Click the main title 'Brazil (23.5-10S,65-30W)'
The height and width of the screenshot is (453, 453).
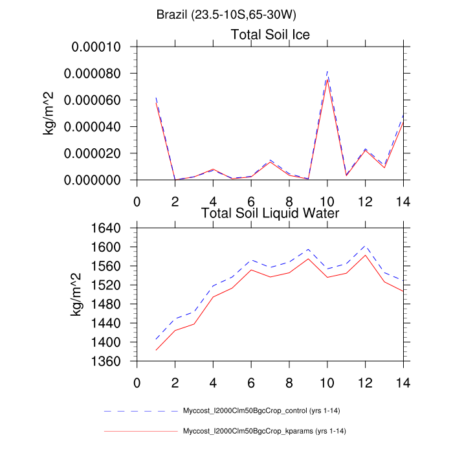[226, 14]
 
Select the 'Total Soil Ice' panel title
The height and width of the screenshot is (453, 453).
[271, 34]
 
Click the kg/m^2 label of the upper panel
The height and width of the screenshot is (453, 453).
[49, 113]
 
